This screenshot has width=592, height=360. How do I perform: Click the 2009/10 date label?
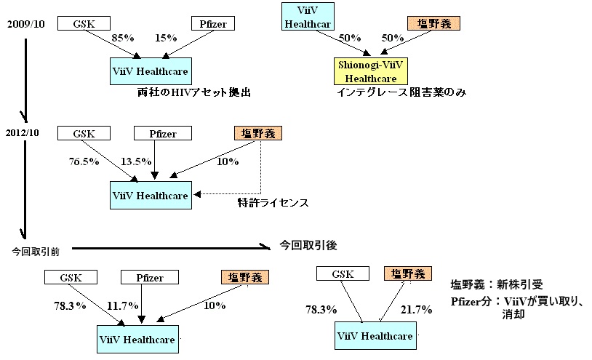click(x=26, y=24)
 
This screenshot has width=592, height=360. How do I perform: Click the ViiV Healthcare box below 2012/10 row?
click(x=151, y=195)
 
